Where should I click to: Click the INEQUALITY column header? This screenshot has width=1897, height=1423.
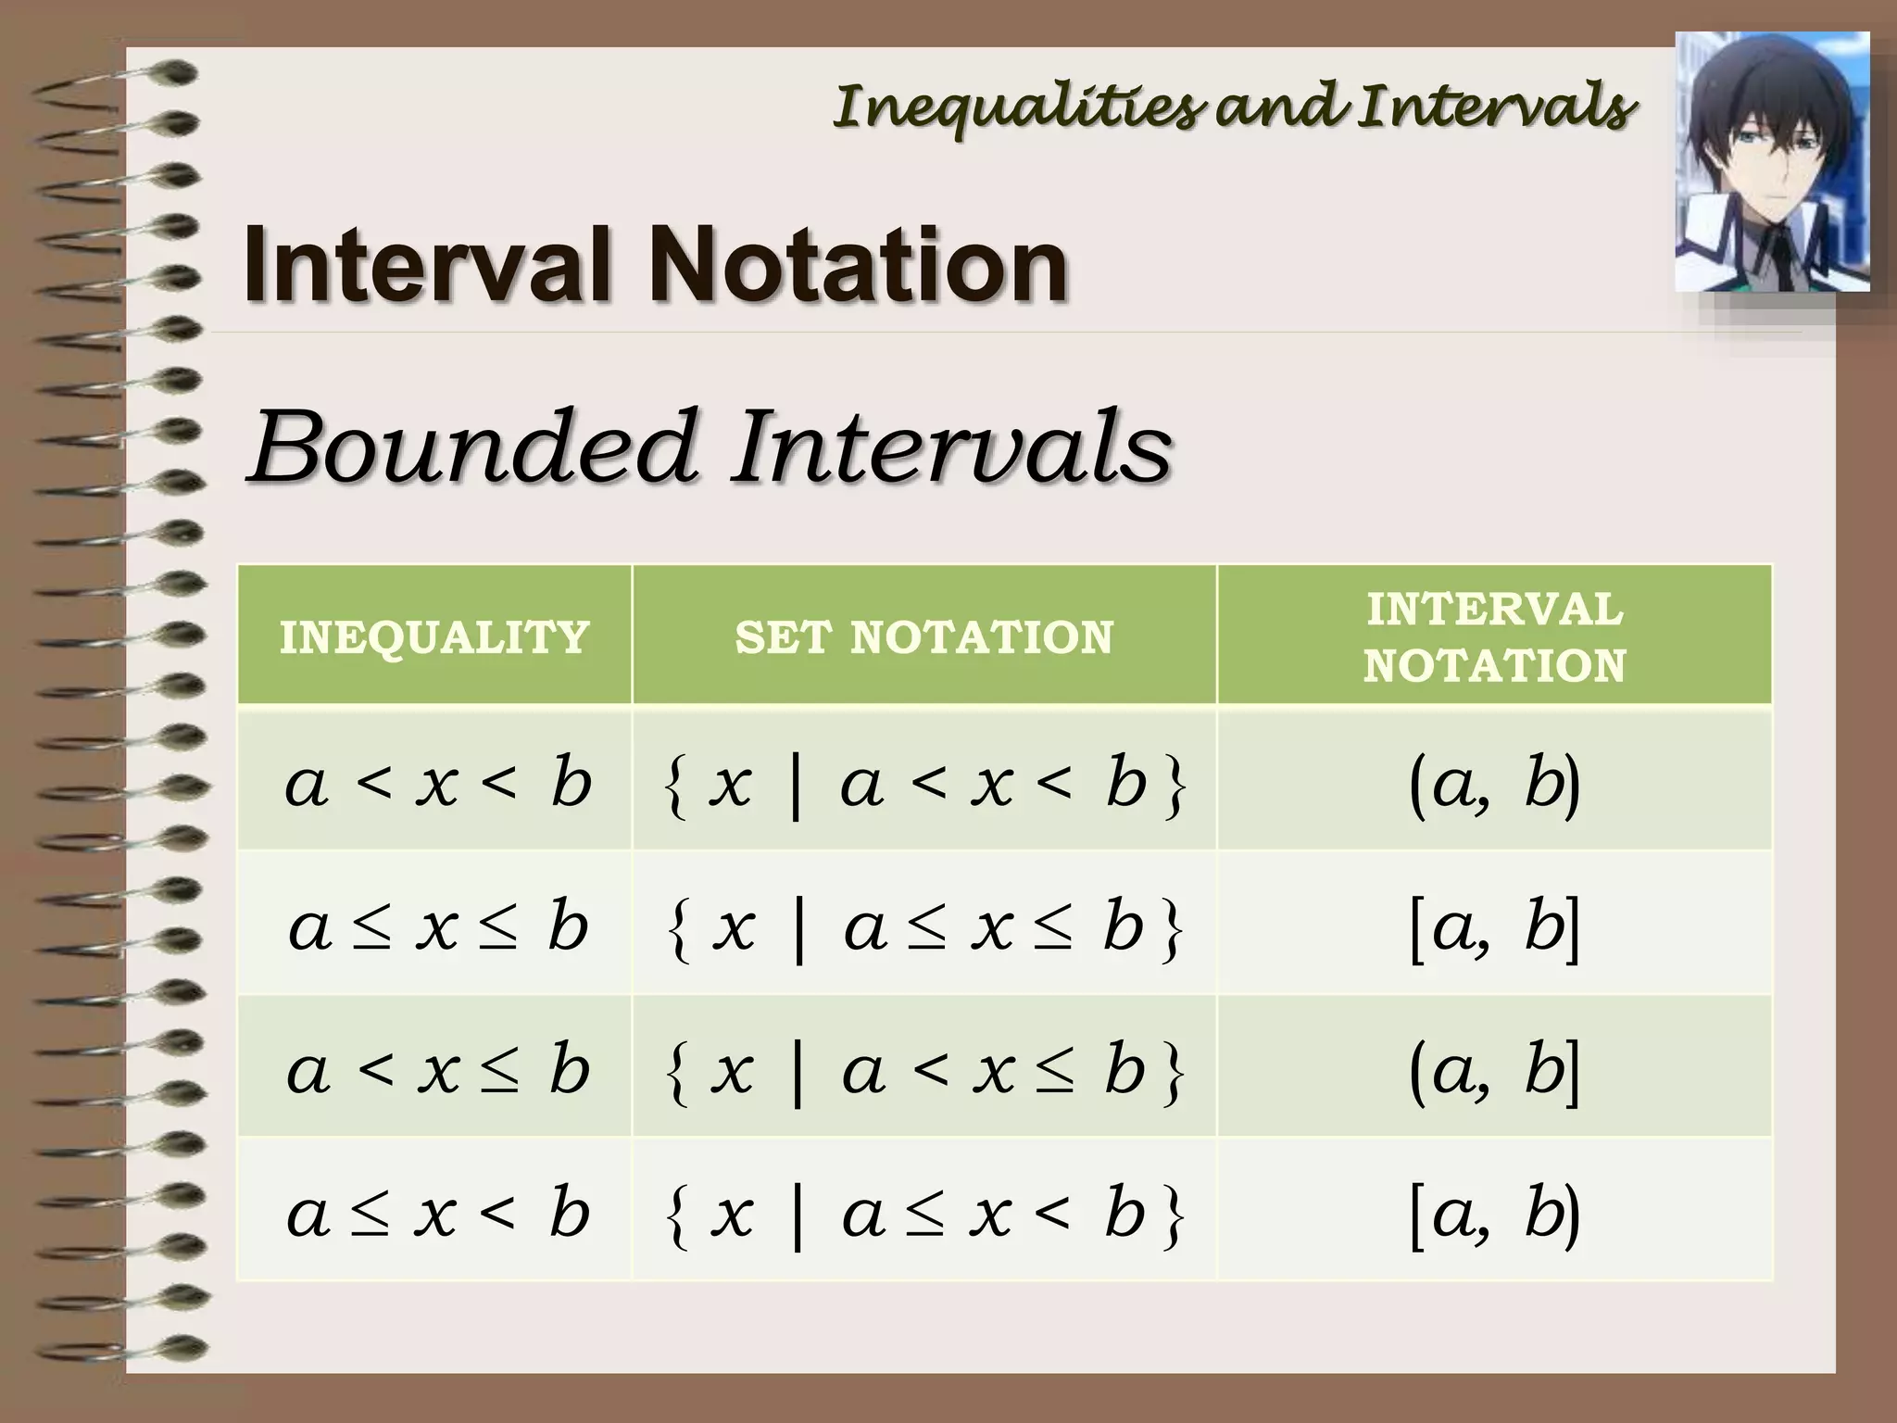pyautogui.click(x=434, y=637)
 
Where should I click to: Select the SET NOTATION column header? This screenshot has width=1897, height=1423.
pyautogui.click(x=923, y=637)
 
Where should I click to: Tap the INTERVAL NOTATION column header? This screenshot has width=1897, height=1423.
pyautogui.click(x=1494, y=637)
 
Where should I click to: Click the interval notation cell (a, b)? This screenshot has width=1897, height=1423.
pyautogui.click(x=1494, y=783)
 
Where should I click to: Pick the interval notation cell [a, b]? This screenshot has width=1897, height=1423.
pyautogui.click(x=1494, y=926)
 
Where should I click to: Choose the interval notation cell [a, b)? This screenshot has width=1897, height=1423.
pyautogui.click(x=1494, y=1213)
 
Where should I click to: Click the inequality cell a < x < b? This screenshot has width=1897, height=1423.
pyautogui.click(x=437, y=783)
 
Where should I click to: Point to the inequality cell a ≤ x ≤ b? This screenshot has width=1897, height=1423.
pyautogui.click(x=437, y=926)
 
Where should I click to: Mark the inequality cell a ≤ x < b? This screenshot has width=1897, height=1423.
pyautogui.click(x=437, y=1213)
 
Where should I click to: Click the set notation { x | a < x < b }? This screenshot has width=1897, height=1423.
pyautogui.click(x=924, y=785)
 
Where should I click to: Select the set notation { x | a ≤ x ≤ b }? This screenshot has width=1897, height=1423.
pyautogui.click(x=924, y=927)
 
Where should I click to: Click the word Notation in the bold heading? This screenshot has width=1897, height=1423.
pyautogui.click(x=858, y=266)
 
